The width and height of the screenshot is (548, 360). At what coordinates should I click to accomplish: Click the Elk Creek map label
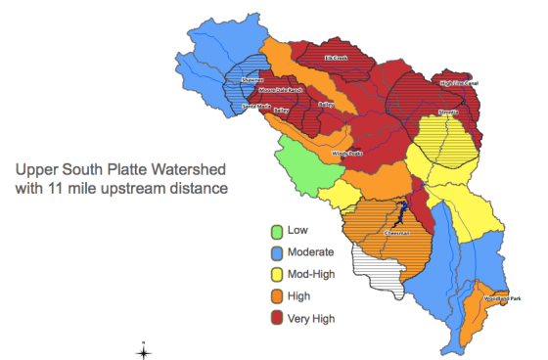(336, 59)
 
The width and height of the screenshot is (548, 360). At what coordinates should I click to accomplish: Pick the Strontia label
(448, 112)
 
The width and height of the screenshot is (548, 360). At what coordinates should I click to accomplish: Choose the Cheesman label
(395, 234)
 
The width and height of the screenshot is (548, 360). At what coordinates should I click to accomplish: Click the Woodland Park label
(502, 298)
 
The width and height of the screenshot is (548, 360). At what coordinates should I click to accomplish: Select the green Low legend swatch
(278, 232)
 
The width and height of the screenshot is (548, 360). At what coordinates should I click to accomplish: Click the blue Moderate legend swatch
(278, 253)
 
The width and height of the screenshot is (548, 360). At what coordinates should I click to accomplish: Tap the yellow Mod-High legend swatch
(278, 275)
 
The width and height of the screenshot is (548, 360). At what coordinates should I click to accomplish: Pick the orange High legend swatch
(278, 296)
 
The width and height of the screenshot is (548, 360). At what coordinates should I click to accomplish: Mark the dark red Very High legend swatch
(278, 318)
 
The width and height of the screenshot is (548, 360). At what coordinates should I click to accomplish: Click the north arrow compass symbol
(143, 351)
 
